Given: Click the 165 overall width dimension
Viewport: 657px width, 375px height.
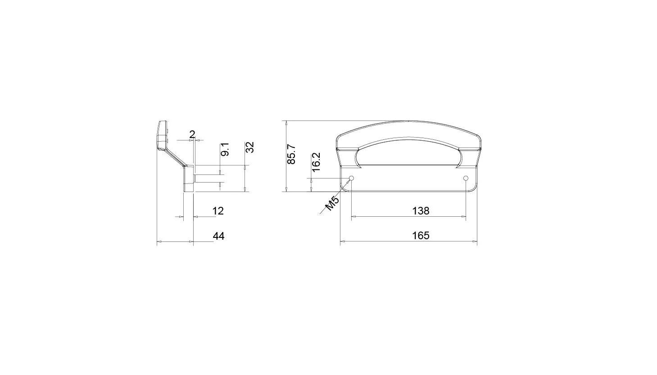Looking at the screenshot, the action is click(421, 236).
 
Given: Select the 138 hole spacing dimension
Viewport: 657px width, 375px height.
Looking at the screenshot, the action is click(421, 211).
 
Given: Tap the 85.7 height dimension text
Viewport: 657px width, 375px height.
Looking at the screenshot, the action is click(291, 154).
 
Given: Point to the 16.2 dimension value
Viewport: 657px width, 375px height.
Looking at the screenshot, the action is click(316, 162).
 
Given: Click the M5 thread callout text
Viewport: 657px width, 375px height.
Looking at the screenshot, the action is click(333, 204).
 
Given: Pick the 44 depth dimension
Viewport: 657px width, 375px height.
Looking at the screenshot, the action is click(218, 236).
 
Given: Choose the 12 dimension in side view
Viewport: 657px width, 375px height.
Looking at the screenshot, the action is click(218, 211).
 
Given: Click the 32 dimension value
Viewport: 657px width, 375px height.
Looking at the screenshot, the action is click(249, 147).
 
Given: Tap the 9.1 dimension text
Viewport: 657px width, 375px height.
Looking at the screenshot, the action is click(225, 150).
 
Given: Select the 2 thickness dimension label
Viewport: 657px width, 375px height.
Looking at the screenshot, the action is click(192, 135).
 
